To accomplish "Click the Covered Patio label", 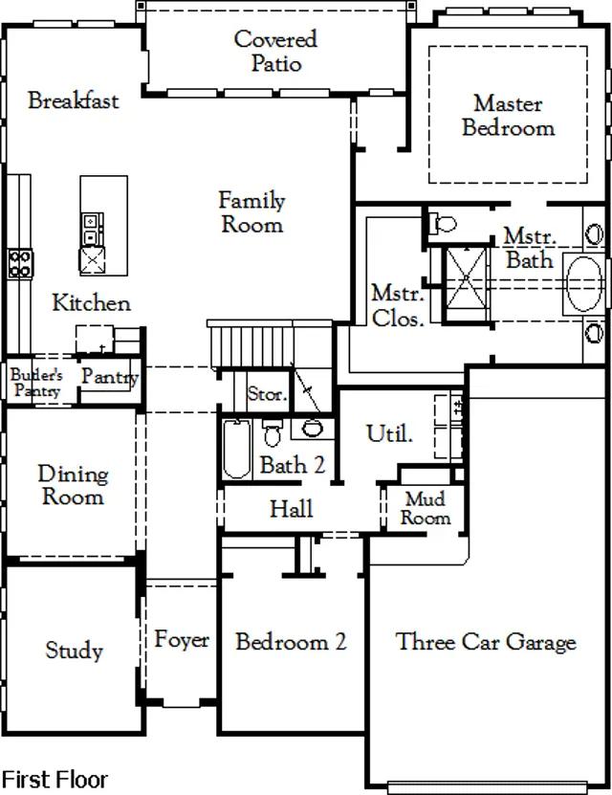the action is point(276,52).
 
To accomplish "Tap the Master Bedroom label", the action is point(508,115).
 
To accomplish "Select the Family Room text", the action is point(251,212).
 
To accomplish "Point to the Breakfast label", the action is point(74,100).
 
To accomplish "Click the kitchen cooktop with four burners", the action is point(20,264).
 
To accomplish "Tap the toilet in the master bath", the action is point(443,223).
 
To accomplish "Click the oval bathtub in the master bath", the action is point(584,284).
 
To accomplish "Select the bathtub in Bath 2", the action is point(237,449).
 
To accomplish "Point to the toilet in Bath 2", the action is point(272,432).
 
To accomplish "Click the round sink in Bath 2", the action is point(312,429).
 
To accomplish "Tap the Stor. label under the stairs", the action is point(267,394).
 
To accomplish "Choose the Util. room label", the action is point(389,433).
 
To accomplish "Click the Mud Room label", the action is point(426,509).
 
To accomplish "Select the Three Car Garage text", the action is point(486,642).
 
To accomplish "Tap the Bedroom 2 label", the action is point(292,641).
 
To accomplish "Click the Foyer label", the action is point(182,639).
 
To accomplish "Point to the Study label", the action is point(74,651).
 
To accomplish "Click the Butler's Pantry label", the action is point(36,383).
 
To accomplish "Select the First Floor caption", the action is point(55,780).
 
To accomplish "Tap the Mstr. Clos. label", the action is point(398,306).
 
